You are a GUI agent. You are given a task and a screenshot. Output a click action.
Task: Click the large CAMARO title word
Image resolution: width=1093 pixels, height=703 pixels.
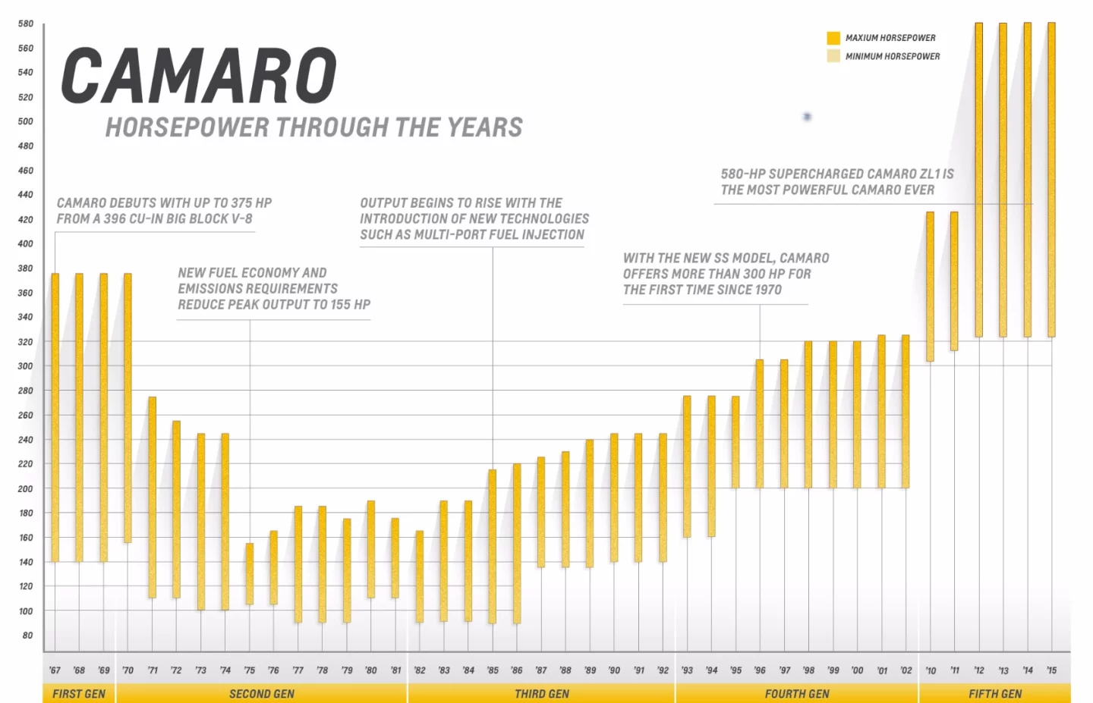pos(199,76)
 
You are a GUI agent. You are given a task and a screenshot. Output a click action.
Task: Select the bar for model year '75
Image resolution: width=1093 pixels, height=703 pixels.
pos(250,573)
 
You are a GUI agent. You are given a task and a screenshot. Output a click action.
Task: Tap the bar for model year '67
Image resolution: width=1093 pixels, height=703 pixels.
pos(55,417)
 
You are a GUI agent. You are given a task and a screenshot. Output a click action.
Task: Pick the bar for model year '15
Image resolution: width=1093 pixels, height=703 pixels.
pos(1051,180)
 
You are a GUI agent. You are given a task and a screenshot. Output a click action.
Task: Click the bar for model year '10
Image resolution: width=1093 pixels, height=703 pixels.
pos(930,287)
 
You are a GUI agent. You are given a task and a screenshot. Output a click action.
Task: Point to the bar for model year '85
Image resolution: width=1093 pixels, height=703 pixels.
pos(493,546)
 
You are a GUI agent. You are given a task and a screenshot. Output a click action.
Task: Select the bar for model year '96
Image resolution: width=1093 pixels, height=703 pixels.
pos(760,423)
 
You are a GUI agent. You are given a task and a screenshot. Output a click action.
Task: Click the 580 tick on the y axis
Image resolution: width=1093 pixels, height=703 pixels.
pos(26,24)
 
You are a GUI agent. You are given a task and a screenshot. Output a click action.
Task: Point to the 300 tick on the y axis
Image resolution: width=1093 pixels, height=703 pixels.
pos(26,366)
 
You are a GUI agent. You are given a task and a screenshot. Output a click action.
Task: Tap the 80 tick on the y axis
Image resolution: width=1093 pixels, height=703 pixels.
pos(27,636)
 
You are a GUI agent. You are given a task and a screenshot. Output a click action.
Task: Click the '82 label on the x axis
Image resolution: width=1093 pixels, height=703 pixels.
pos(420,670)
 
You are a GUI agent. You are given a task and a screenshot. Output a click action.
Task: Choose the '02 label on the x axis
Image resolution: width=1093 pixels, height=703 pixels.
pos(906,670)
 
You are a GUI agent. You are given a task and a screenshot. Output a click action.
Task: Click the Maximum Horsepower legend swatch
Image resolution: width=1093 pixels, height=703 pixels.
pos(833,38)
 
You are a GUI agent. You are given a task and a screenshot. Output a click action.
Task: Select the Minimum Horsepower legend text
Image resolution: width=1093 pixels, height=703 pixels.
pos(893,56)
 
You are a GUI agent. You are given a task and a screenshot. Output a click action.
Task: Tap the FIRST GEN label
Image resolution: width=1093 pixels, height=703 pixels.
pos(79,694)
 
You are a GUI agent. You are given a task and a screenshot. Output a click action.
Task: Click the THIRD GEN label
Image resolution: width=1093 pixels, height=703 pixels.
pos(541,694)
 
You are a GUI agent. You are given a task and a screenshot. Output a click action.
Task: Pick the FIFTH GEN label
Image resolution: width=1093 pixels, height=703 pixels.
pos(994,694)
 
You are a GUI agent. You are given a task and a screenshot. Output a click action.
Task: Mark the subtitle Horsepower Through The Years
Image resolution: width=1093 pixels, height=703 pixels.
pos(313,127)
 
